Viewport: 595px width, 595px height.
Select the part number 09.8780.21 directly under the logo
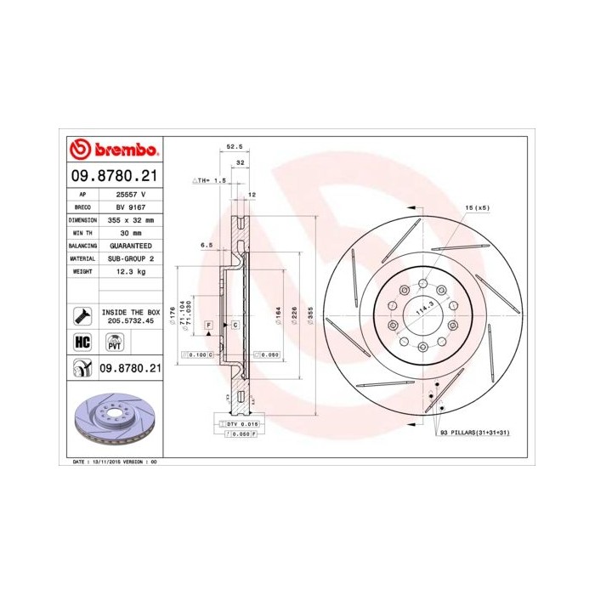[x=113, y=177]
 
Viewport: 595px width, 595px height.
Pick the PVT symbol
[x=113, y=343]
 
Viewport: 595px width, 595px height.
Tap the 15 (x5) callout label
[x=477, y=207]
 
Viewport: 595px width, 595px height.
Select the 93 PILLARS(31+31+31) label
[x=474, y=433]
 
